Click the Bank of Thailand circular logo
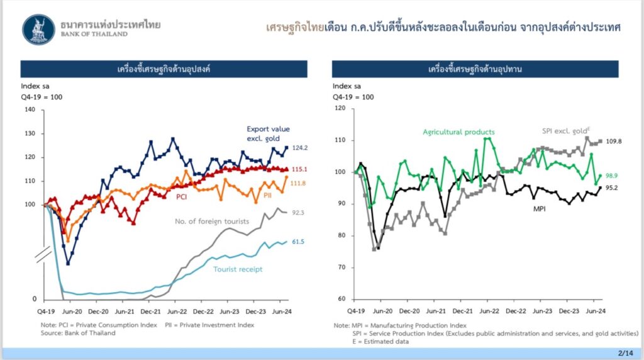coord(38,30)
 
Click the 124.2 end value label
coord(299,148)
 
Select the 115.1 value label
coord(299,169)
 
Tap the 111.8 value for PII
coord(299,183)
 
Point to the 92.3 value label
coord(299,213)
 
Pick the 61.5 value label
coord(299,241)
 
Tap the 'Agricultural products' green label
coord(458,132)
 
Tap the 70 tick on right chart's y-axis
coord(342,267)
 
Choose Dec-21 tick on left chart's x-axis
coord(150,311)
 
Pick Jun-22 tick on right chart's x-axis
coord(489,311)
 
